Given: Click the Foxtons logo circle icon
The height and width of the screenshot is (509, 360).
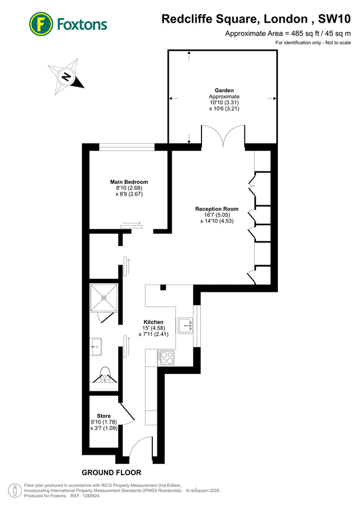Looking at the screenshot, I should (x=41, y=24).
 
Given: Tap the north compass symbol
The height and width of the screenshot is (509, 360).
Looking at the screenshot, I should (x=67, y=76).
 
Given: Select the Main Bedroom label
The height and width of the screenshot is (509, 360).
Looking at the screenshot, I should (x=128, y=182).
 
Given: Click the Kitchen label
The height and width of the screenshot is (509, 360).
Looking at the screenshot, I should (x=153, y=321).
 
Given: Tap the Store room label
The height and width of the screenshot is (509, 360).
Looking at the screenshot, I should (x=104, y=416).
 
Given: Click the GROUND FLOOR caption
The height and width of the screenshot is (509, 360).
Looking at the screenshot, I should (x=112, y=472).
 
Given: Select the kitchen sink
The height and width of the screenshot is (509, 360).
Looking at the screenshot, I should (x=186, y=326).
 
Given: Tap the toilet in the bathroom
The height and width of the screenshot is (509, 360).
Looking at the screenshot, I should (x=104, y=374).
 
